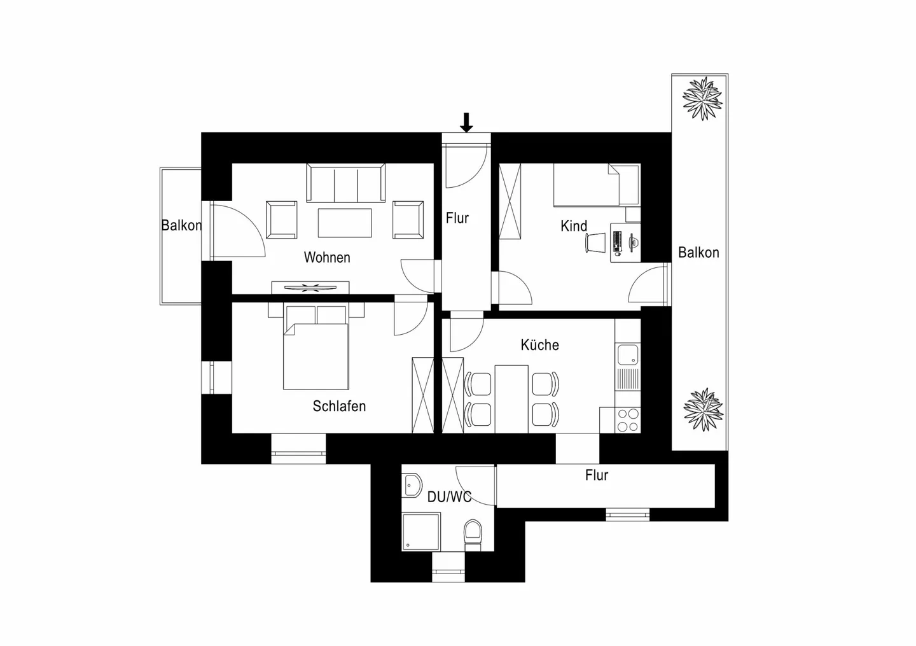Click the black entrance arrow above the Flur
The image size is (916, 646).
click(466, 122)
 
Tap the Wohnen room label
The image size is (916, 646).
click(327, 258)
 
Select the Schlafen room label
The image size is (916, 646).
click(339, 406)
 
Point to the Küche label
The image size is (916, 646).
click(539, 345)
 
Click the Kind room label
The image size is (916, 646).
click(573, 226)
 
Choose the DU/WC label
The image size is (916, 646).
click(449, 497)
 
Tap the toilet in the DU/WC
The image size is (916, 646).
click(473, 533)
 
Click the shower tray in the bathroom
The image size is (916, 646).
click(420, 532)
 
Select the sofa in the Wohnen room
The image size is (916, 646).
click(346, 183)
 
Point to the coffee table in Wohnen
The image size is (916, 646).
click(345, 223)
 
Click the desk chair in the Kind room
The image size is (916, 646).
click(596, 242)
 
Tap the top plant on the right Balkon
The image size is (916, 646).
click(702, 98)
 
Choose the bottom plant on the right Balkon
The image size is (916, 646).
click(702, 410)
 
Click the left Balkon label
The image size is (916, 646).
click(181, 225)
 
